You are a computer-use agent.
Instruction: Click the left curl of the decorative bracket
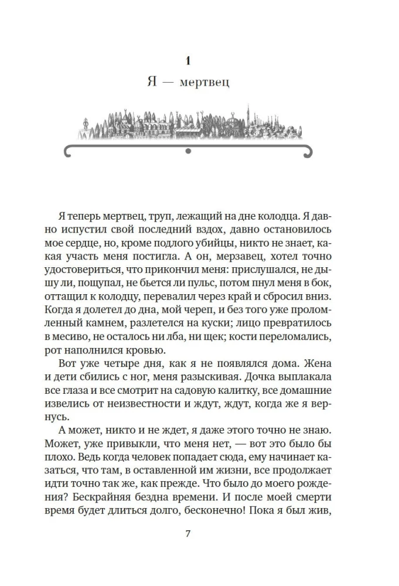[x=70, y=152]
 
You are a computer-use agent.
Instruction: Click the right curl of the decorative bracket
[x=305, y=152]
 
